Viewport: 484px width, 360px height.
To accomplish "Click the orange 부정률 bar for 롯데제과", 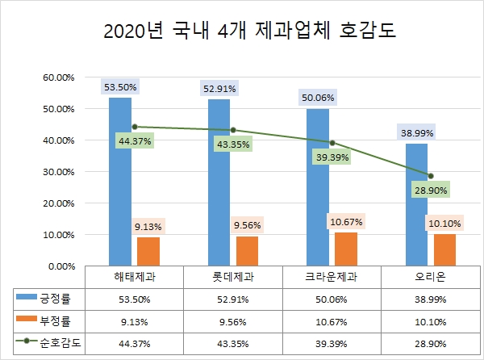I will coord(247,250).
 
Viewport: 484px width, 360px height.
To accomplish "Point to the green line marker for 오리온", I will coord(431,176).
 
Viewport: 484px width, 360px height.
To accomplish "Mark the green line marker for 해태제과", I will coord(135,127).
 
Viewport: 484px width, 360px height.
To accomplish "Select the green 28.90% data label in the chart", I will coord(431,190).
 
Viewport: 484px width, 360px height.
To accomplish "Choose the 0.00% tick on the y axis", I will coord(60,266).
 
